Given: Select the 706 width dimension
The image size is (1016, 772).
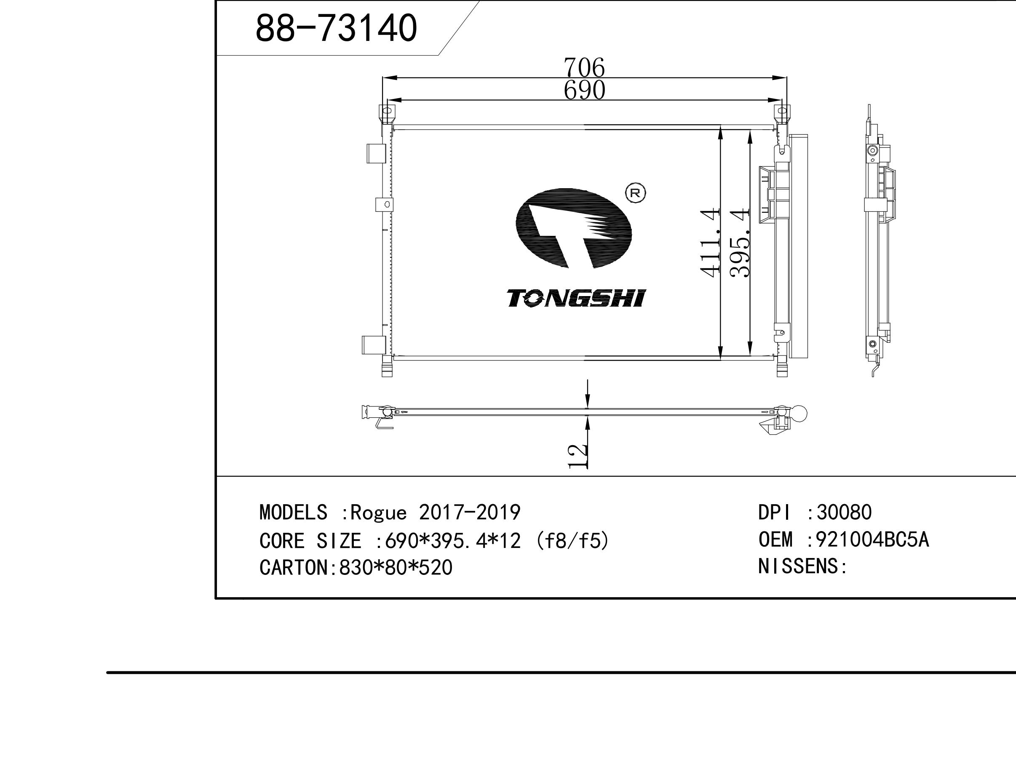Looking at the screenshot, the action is [584, 67].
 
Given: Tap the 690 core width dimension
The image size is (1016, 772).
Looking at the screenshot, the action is [584, 90].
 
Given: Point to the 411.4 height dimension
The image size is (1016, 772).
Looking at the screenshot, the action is [709, 243].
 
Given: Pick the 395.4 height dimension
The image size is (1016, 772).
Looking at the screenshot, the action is [740, 243].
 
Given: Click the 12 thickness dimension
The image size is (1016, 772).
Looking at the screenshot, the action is [578, 456].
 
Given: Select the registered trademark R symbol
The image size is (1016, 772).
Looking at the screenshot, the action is [636, 193].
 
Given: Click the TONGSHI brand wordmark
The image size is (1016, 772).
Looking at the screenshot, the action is [577, 298].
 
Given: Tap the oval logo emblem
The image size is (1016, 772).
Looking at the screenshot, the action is [573, 228].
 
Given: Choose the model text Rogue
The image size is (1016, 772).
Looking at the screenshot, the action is [378, 513].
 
